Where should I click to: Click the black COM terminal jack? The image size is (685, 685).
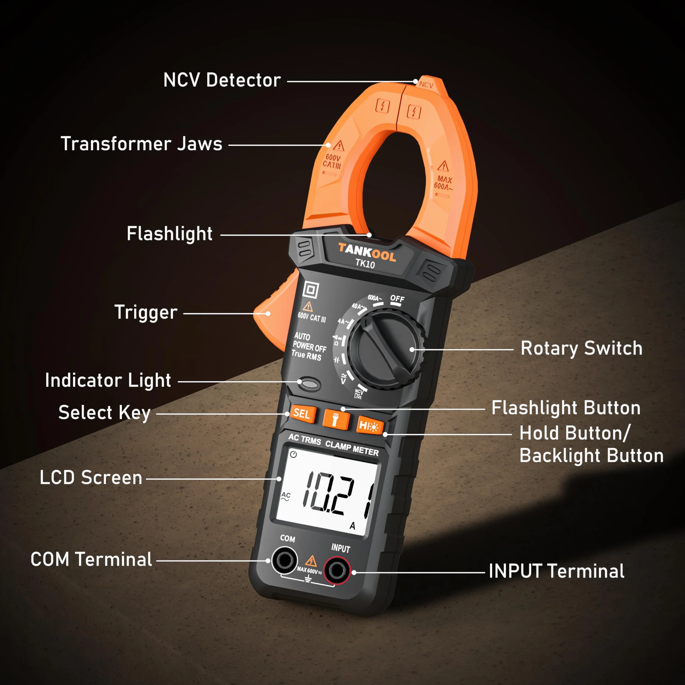coord(284,560)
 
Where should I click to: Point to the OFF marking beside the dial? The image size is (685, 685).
coord(397,299)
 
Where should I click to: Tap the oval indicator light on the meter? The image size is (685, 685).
coord(309,384)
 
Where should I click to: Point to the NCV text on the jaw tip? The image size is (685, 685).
coord(426,85)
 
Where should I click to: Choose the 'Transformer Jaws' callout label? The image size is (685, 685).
coord(141,144)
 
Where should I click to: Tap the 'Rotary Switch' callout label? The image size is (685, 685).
coord(582,348)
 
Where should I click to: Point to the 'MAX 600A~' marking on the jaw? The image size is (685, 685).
coord(443,183)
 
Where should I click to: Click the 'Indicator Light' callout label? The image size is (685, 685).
coord(108,381)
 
